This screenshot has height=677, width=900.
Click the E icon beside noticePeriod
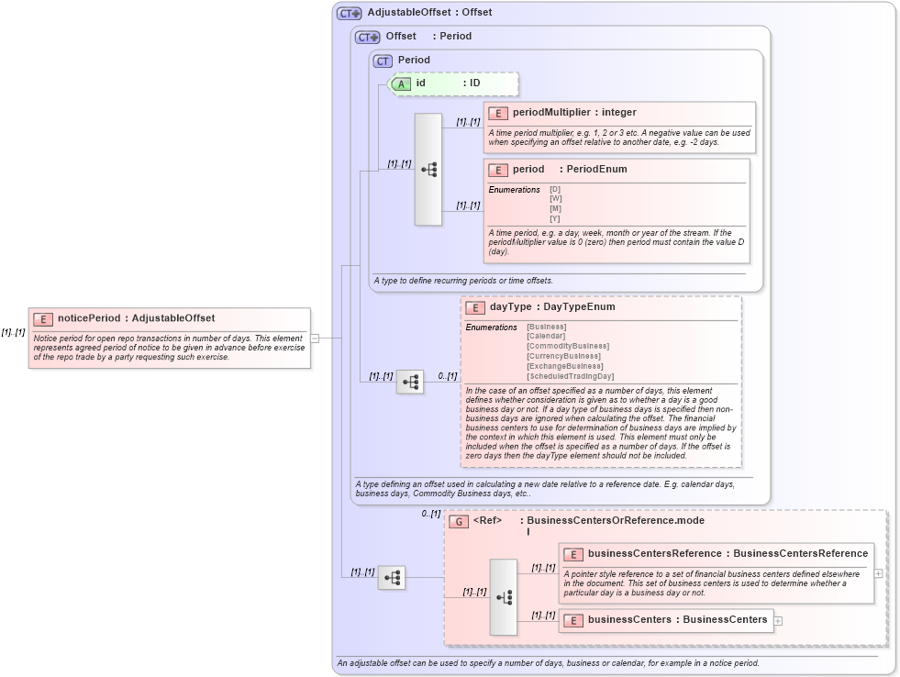click(x=43, y=318)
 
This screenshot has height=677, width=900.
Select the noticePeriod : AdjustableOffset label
click(x=136, y=318)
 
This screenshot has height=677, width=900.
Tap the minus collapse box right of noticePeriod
click(x=314, y=338)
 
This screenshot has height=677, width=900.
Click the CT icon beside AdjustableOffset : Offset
click(x=349, y=13)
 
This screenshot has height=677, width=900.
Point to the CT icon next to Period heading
click(x=383, y=61)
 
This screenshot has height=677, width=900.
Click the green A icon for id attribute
click(x=401, y=83)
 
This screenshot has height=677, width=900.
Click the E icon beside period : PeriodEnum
click(x=498, y=170)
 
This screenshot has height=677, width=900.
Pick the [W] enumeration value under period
click(x=555, y=199)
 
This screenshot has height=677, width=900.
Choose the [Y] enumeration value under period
click(x=555, y=218)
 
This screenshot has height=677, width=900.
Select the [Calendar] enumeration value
click(x=546, y=337)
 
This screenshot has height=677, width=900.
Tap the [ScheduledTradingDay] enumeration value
click(x=570, y=376)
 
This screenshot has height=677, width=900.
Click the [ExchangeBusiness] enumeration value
click(x=564, y=366)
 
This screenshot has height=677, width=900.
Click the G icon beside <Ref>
click(x=459, y=521)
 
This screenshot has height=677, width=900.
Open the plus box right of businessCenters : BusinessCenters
click(x=779, y=620)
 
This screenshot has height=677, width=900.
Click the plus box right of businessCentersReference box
click(x=879, y=573)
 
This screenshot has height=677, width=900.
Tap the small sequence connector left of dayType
click(x=410, y=381)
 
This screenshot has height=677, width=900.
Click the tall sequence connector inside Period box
click(x=428, y=170)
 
